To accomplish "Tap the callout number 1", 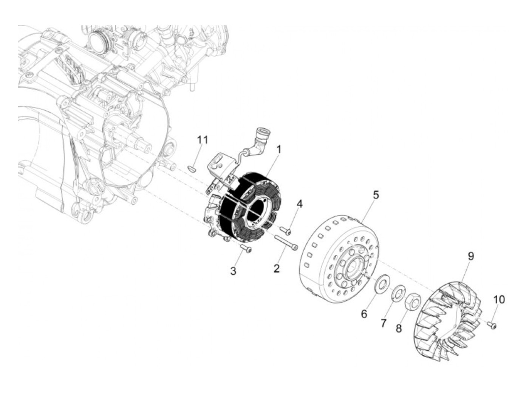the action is (279, 149).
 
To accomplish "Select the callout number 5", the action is (375, 195).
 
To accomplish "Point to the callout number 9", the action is (471, 256).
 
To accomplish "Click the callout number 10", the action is (498, 299).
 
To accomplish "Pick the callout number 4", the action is (299, 204).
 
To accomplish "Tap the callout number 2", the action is (277, 269).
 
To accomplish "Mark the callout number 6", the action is (364, 314).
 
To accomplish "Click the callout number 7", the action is (383, 323).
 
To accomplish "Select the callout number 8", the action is (399, 328).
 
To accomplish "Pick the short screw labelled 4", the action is (286, 230).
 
